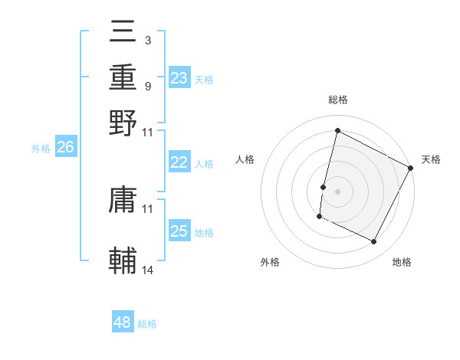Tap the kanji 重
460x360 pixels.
point(123,77)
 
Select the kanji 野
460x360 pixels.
point(123,122)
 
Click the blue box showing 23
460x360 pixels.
point(179,78)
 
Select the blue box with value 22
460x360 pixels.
point(179,162)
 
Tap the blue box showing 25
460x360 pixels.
point(179,231)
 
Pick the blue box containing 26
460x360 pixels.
point(65,148)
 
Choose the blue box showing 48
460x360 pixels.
point(123,322)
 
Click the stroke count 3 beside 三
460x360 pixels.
point(147,40)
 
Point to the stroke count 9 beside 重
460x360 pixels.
point(147,86)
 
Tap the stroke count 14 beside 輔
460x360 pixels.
point(148,270)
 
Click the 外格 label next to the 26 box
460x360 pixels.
point(41,149)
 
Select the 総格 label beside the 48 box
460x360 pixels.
point(147,324)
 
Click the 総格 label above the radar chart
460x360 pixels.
point(337,100)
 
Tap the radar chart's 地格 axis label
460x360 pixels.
point(402,263)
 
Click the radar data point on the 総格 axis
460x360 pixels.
point(337,130)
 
